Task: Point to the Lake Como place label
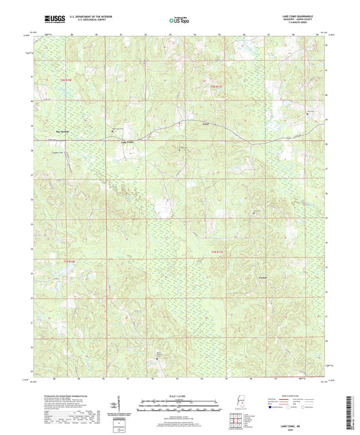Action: click(128, 143)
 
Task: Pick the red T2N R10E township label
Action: click(63, 80)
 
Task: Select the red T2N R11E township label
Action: click(215, 86)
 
